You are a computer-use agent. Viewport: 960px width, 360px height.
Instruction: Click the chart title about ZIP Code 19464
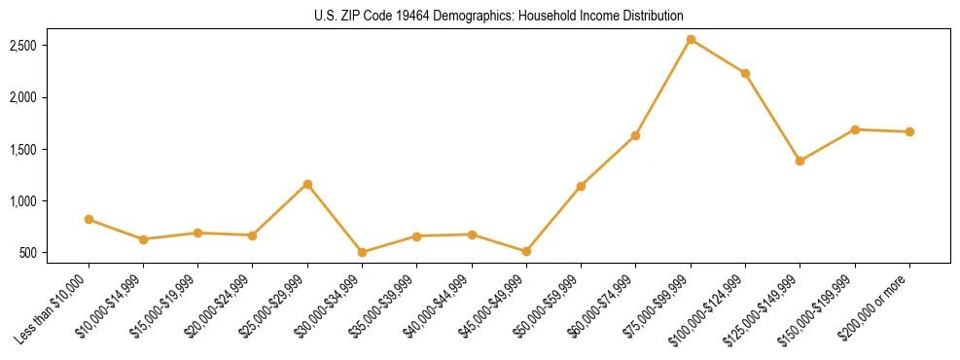click(499, 17)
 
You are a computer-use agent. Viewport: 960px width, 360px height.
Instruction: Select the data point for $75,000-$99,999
click(691, 40)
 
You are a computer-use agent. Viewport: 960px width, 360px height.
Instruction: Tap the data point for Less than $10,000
click(89, 220)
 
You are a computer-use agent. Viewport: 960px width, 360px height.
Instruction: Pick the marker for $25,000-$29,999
click(307, 184)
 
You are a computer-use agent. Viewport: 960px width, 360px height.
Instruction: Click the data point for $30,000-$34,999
click(362, 252)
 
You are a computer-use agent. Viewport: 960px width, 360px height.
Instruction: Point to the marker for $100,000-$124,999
click(745, 73)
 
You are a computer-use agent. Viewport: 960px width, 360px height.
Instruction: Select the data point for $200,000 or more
click(909, 131)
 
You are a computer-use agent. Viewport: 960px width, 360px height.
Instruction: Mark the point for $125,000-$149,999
click(800, 161)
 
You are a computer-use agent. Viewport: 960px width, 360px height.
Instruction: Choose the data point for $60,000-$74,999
click(635, 135)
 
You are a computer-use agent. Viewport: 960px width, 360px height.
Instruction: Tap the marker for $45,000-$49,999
click(526, 251)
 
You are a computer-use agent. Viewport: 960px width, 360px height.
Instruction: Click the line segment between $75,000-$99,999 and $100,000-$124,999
click(718, 56)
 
